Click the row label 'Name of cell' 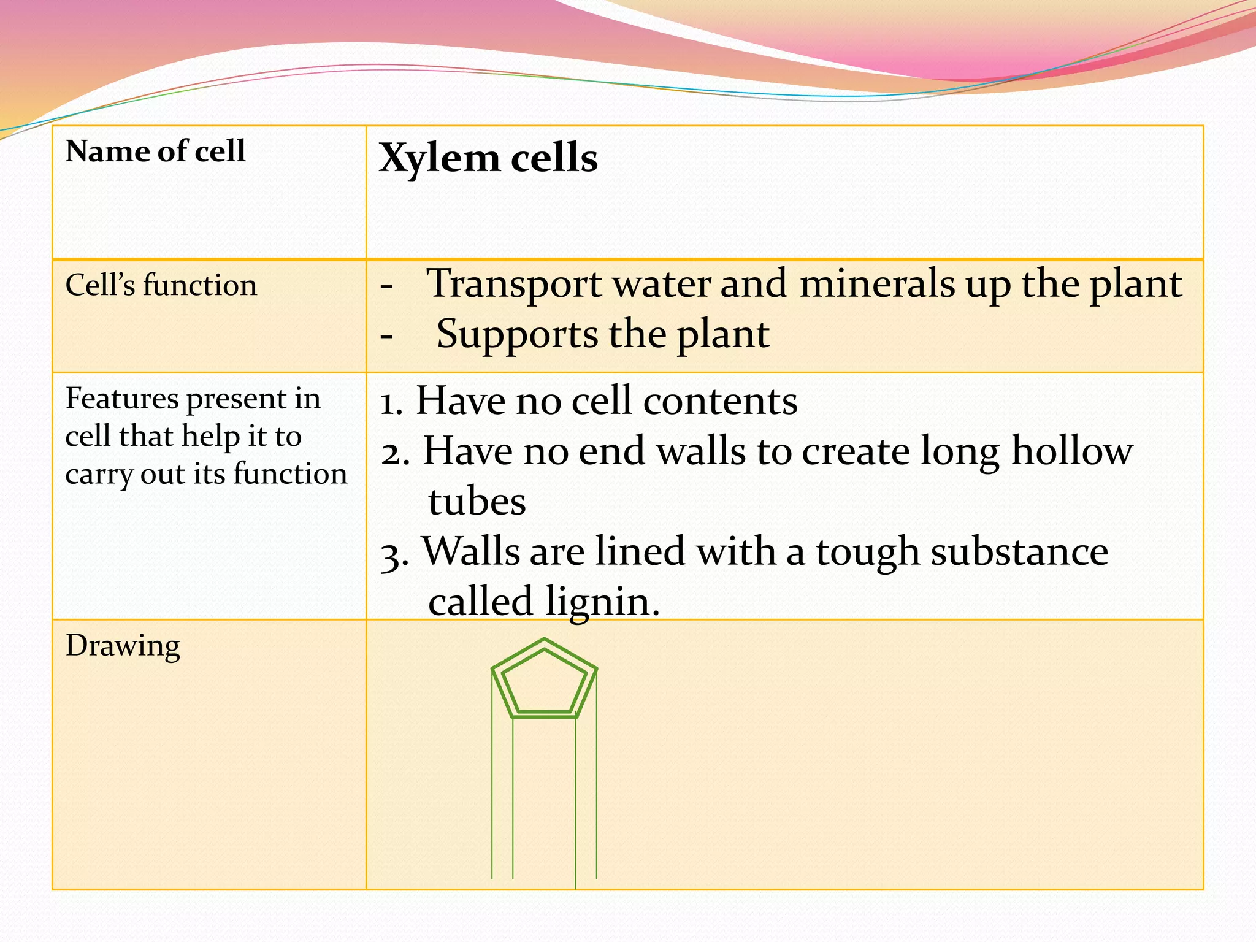tap(155, 151)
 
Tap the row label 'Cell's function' tap(161, 286)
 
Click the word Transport tap(514, 285)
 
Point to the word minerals tap(877, 285)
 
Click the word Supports tap(516, 335)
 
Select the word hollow tap(1071, 451)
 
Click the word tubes tap(477, 502)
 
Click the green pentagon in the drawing tap(544, 679)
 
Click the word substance tap(1019, 552)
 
